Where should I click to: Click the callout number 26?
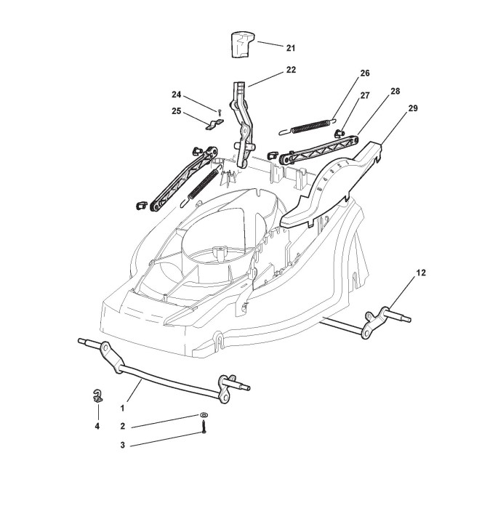click(x=365, y=73)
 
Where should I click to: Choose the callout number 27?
click(x=365, y=95)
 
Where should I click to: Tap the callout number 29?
click(x=413, y=108)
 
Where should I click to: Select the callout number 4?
click(x=97, y=427)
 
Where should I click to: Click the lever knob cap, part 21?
click(x=240, y=44)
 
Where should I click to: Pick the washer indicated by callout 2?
click(x=203, y=415)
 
